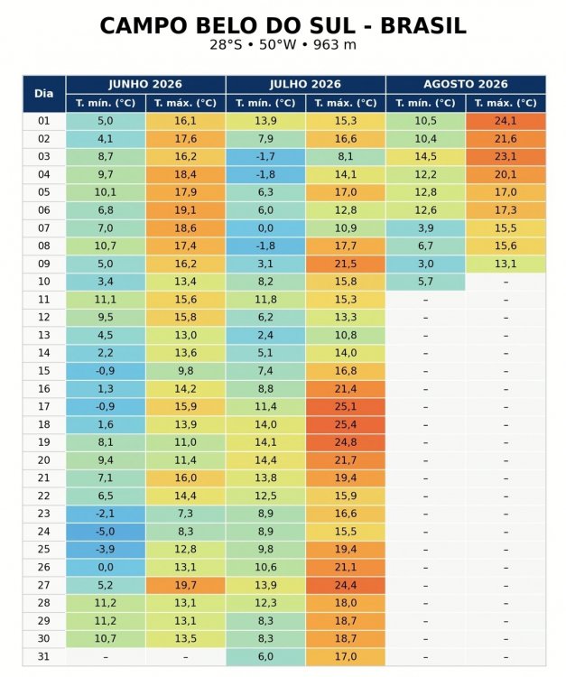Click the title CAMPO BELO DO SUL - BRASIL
pos(283,25)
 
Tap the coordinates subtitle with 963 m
pos(283,44)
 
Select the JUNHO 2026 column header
pos(145,84)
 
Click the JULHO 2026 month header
pos(306,84)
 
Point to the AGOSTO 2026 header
pos(466,84)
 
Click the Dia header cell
pos(44,94)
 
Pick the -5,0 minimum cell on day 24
pos(106,532)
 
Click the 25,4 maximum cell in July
pos(346,424)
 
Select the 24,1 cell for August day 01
pos(506,121)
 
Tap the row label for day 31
pos(44,657)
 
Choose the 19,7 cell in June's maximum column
pos(186,585)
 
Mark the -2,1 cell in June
pos(106,514)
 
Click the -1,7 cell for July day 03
pos(265,157)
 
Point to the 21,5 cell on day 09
pos(346,264)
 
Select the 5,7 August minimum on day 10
pos(426,282)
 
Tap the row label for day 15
pos(44,371)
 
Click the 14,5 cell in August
pos(426,157)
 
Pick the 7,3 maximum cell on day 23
pos(186,514)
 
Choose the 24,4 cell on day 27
pos(346,585)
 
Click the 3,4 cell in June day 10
pos(106,282)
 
